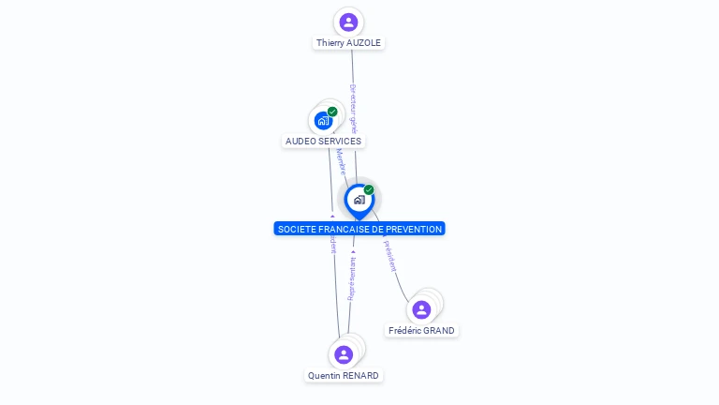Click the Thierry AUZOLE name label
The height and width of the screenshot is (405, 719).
[348, 43]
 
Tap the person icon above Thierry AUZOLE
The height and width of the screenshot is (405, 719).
[348, 22]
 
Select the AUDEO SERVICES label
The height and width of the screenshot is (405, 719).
[323, 142]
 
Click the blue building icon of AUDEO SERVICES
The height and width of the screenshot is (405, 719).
[323, 121]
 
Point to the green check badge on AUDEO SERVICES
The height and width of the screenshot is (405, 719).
[332, 112]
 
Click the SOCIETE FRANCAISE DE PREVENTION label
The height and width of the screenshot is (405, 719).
[359, 229]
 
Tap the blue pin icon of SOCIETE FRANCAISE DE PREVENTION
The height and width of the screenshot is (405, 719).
[359, 200]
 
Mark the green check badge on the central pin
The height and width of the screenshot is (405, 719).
[369, 190]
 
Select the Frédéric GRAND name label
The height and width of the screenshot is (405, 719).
[421, 331]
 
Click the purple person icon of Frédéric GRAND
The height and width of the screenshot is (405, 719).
[421, 309]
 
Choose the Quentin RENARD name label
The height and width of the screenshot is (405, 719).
[344, 376]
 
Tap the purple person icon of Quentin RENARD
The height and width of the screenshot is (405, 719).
[344, 354]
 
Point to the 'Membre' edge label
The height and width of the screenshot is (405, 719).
[342, 161]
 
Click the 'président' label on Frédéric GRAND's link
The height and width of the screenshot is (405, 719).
[389, 256]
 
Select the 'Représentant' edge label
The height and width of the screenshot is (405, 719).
[352, 278]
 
